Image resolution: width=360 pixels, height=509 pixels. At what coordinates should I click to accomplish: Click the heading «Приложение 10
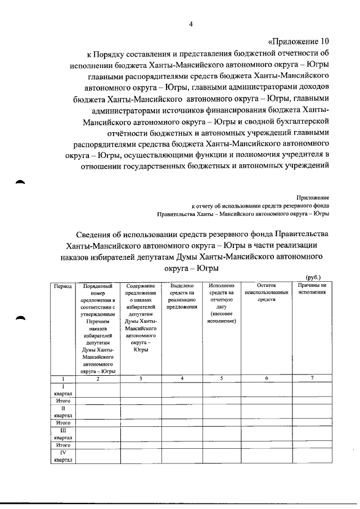(x=297, y=42)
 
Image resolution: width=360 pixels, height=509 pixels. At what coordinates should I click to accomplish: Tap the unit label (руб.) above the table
(x=313, y=278)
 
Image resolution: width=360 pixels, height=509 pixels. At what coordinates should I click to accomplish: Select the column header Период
(x=62, y=286)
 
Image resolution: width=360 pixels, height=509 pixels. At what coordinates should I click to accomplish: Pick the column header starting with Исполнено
(x=221, y=303)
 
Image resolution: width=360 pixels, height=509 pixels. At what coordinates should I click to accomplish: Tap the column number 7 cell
(x=312, y=378)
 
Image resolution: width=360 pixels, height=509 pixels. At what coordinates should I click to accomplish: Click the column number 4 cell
(x=182, y=379)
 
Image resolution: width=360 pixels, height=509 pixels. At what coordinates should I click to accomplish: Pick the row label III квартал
(x=62, y=434)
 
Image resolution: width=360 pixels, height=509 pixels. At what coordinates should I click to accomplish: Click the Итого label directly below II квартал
(x=62, y=422)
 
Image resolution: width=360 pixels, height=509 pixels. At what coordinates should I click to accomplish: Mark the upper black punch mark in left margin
(x=20, y=182)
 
